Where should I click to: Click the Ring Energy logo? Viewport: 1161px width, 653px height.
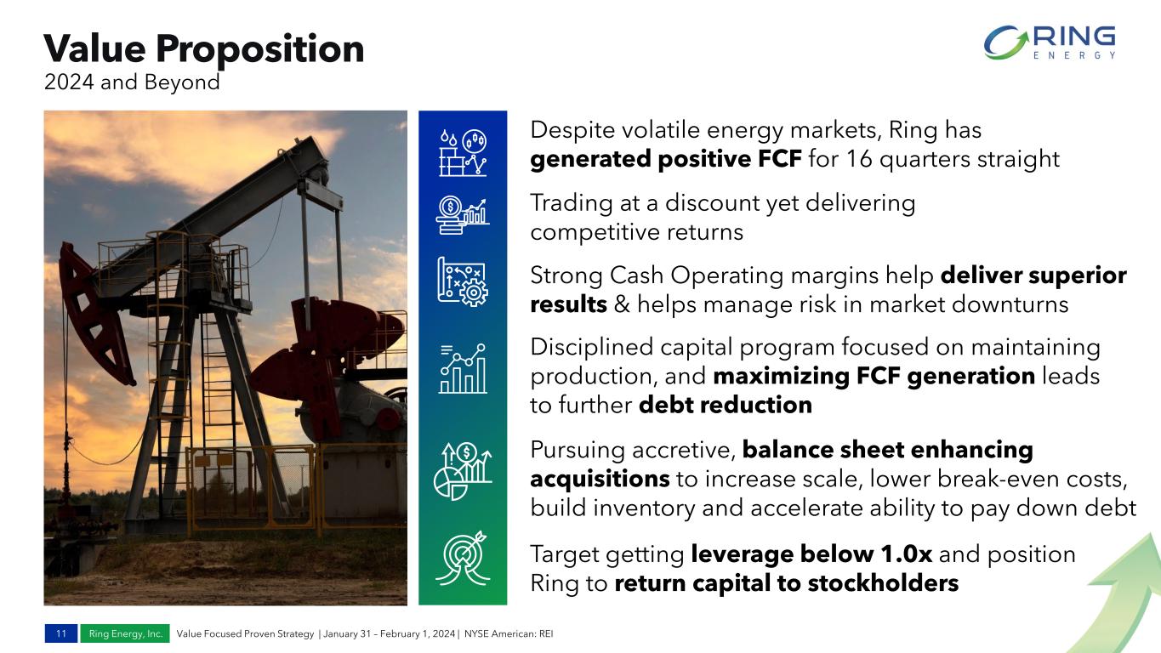[x=1050, y=43]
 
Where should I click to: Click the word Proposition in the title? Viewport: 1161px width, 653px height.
[x=259, y=50]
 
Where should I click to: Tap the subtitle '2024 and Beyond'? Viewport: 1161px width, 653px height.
[x=132, y=82]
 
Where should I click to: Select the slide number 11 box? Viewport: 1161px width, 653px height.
[x=61, y=633]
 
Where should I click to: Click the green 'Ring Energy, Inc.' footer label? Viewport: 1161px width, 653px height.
[x=125, y=633]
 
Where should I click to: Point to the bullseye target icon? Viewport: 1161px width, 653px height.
[x=463, y=558]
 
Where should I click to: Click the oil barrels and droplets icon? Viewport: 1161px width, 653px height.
[x=463, y=153]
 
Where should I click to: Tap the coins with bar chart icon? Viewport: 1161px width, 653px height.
[x=463, y=216]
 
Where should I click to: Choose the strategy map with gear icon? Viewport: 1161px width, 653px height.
[x=463, y=281]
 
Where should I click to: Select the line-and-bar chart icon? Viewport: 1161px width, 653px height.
[x=463, y=368]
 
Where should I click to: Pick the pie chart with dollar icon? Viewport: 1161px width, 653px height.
[x=463, y=470]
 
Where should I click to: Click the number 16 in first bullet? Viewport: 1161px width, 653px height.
[x=859, y=159]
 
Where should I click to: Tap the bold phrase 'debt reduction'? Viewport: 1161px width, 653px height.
[x=726, y=405]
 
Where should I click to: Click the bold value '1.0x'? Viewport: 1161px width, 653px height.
[x=907, y=554]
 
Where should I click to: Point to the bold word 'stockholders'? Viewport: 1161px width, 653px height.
[x=883, y=583]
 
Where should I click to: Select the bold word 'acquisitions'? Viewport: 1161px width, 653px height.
[x=600, y=479]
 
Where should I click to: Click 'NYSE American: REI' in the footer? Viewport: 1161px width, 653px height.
[x=509, y=633]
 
